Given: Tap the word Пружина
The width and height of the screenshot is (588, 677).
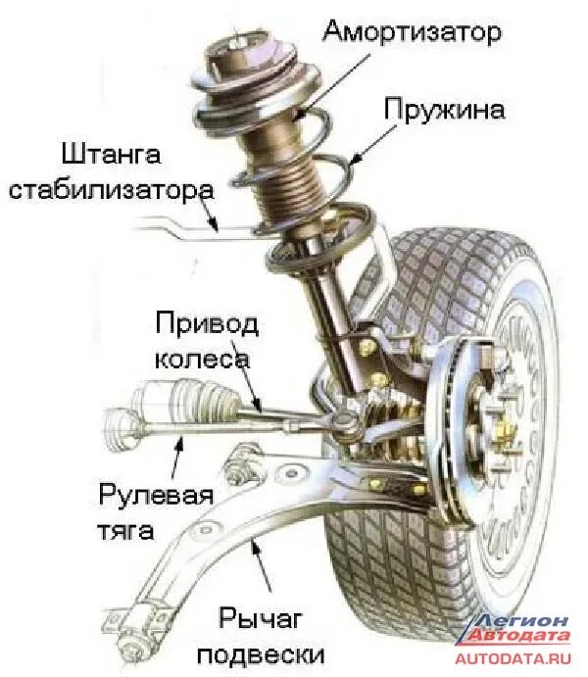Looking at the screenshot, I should (x=445, y=109).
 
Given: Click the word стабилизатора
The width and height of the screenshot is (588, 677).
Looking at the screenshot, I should (x=110, y=188).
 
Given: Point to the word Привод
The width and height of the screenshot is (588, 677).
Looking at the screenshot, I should (x=207, y=324).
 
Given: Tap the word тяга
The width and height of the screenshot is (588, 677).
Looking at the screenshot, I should (x=126, y=531).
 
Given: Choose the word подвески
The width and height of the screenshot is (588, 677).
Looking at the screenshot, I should (x=271, y=652).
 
